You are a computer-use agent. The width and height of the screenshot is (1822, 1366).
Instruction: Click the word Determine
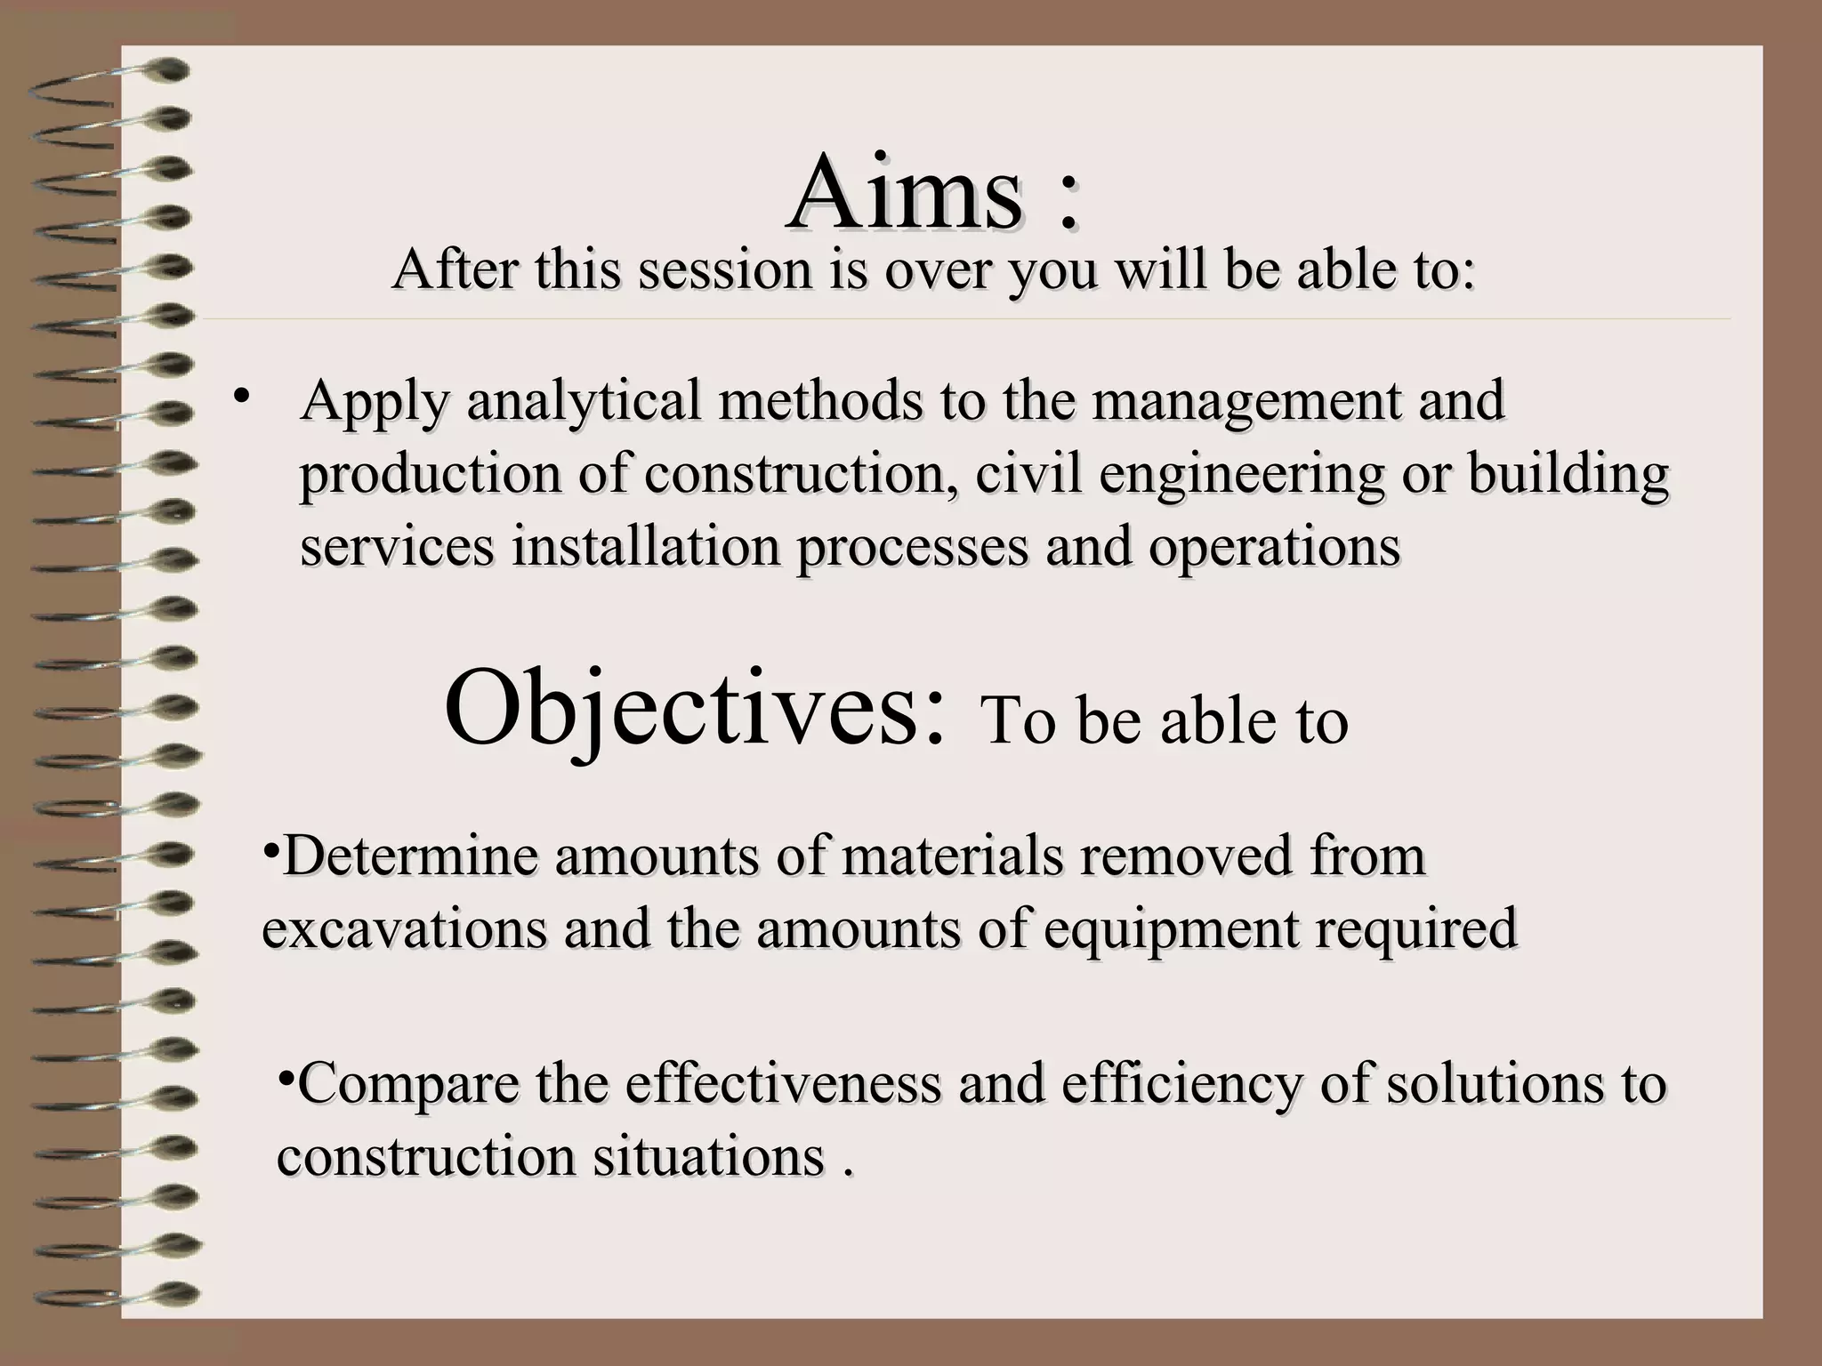click(410, 856)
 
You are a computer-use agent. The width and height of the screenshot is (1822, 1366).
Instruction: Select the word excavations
click(405, 928)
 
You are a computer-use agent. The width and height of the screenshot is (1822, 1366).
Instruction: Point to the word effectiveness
click(783, 1084)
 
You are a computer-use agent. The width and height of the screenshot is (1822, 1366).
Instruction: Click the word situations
click(708, 1156)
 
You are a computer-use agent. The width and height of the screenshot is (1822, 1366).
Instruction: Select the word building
click(1568, 474)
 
